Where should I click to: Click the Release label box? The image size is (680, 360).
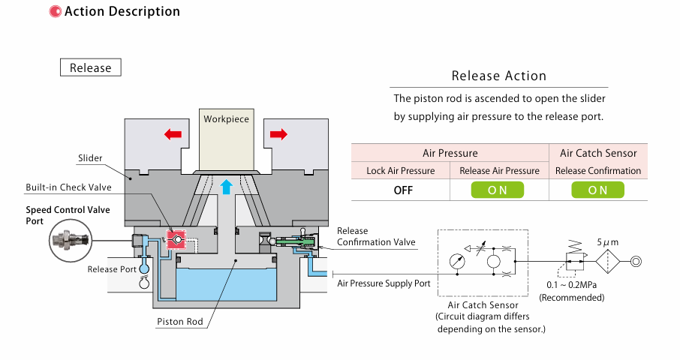[90, 67]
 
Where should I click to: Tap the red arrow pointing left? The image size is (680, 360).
[173, 134]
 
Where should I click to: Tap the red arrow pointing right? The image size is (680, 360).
[278, 134]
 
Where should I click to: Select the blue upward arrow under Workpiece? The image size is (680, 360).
[226, 187]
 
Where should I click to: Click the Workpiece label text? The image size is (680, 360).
[226, 118]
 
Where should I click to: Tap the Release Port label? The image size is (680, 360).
[113, 269]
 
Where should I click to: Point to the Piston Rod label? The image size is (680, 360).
[179, 322]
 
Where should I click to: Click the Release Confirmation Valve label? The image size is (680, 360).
[375, 236]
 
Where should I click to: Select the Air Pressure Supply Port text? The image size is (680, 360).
[384, 283]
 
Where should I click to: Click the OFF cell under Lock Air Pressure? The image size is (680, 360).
[403, 190]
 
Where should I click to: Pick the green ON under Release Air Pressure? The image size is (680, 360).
[498, 190]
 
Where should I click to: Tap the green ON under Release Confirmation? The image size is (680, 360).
[597, 190]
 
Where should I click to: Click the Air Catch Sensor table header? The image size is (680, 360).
[598, 153]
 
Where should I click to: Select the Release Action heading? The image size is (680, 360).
[498, 76]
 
